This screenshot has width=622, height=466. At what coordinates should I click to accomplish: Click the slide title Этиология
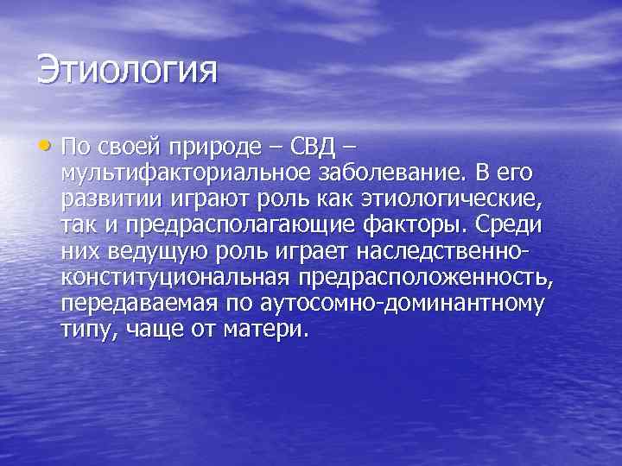coord(127,70)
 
